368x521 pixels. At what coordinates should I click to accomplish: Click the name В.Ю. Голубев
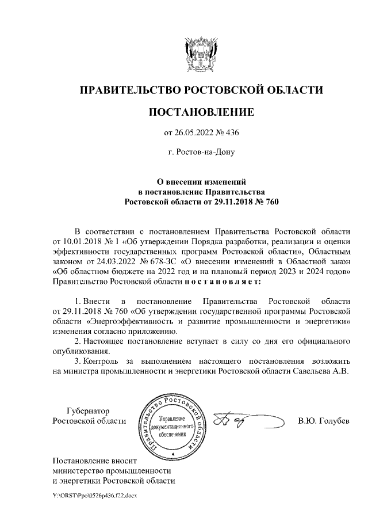point(323,421)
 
